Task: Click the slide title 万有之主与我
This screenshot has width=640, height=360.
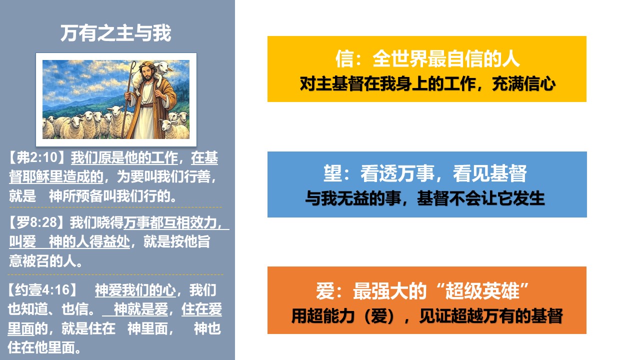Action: pyautogui.click(x=115, y=33)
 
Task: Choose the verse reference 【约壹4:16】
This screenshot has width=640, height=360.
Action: pyautogui.click(x=42, y=289)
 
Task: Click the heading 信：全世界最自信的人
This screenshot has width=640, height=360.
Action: pyautogui.click(x=427, y=58)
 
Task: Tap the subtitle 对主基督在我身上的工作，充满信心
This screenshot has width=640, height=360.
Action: pyautogui.click(x=427, y=83)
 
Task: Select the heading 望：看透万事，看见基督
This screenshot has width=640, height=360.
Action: pyautogui.click(x=425, y=173)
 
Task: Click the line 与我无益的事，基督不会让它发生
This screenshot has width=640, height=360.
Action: pyautogui.click(x=425, y=198)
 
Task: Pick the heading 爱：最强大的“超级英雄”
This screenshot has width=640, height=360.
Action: pyautogui.click(x=422, y=291)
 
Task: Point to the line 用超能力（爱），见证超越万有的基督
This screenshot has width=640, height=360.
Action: pyautogui.click(x=427, y=316)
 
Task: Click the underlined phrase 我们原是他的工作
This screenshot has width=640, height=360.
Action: pyautogui.click(x=124, y=157)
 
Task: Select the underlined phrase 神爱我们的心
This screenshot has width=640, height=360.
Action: pyautogui.click(x=135, y=289)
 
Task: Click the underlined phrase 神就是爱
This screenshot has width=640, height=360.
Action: pyautogui.click(x=141, y=309)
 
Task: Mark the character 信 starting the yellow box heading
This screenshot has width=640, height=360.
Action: pyautogui.click(x=344, y=58)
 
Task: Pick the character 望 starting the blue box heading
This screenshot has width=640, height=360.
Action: pyautogui.click(x=332, y=173)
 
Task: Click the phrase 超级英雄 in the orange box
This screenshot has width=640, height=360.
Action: pyautogui.click(x=482, y=291)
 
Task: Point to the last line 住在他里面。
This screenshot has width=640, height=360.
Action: pyautogui.click(x=44, y=347)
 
